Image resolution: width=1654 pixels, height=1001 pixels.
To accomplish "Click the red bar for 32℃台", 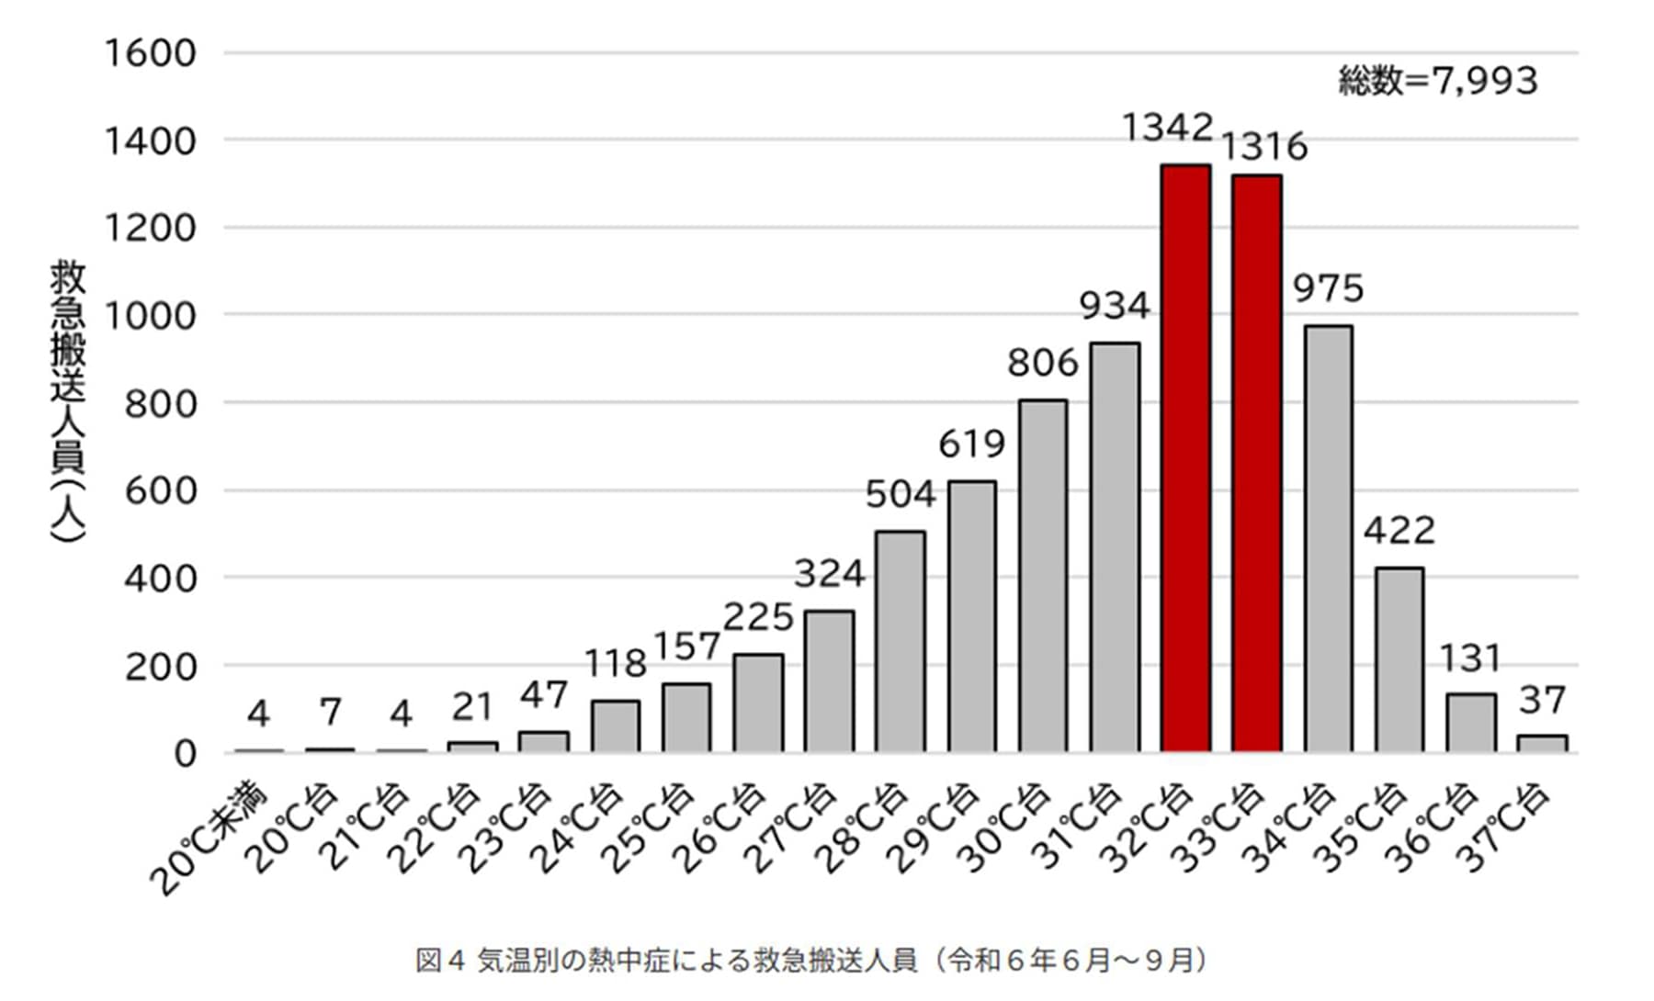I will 1185,459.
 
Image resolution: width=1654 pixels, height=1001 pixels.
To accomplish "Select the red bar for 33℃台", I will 1257,464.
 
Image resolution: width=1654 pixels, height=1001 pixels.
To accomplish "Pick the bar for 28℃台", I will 901,642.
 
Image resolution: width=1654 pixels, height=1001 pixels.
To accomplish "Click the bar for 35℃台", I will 1399,660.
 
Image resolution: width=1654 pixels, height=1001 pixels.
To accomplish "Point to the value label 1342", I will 1168,127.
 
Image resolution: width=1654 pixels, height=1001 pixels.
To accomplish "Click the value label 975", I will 1329,288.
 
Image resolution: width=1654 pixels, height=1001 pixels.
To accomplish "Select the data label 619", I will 972,444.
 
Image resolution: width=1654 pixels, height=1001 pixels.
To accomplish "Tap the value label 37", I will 1542,701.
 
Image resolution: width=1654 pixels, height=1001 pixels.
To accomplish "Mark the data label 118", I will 616,663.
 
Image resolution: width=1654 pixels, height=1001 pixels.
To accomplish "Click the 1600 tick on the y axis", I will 151,53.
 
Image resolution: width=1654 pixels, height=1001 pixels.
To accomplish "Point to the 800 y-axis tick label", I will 161,403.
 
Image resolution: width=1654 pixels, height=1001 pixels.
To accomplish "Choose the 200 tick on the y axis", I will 161,666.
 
